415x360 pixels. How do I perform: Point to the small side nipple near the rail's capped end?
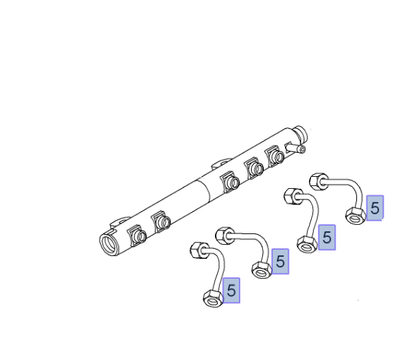296,147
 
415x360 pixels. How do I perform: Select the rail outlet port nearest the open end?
138,236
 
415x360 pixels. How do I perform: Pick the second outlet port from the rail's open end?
161,221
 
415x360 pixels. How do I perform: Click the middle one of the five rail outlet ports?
230,182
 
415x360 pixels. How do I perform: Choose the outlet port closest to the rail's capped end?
275,156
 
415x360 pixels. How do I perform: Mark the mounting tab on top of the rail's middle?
221,163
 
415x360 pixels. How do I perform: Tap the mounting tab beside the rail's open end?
119,222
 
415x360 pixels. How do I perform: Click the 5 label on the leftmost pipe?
231,291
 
